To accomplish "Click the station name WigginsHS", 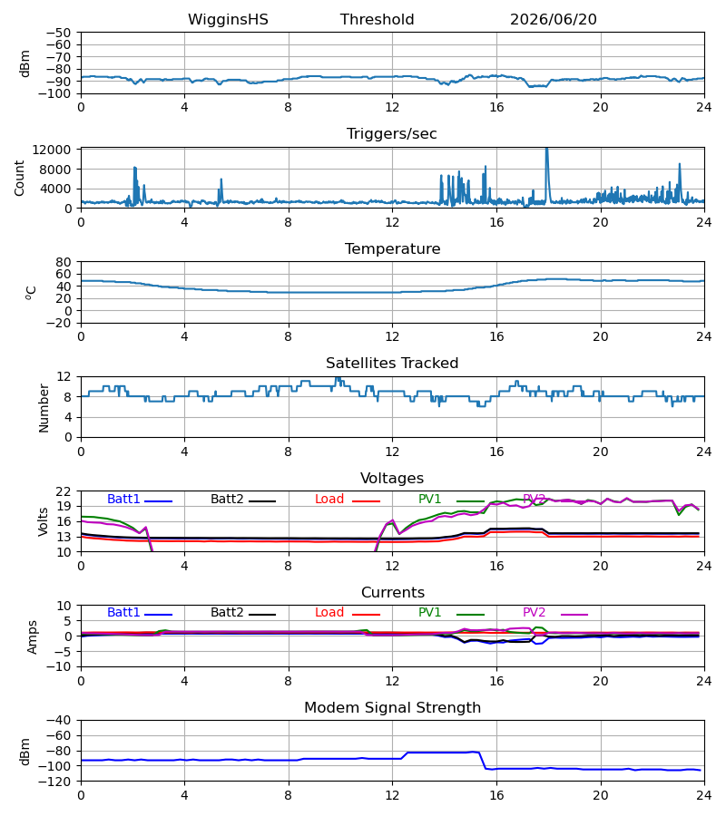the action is tap(228, 20).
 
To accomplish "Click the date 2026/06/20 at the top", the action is tap(553, 20).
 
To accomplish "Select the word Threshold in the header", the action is tap(377, 20).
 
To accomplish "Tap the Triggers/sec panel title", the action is tap(392, 134).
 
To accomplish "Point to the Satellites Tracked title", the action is tap(392, 364).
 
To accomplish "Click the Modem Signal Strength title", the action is tap(392, 708).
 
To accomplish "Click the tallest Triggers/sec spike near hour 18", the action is tap(547, 150).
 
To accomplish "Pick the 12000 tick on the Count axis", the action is tap(52, 150).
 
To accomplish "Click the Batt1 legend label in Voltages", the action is tap(123, 499).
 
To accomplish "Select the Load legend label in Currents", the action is tap(329, 613).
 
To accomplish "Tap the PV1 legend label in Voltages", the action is tap(429, 499).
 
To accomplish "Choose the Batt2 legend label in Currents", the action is tap(227, 613).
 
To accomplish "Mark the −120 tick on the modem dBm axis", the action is tap(58, 782).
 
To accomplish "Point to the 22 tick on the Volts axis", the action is tap(64, 491).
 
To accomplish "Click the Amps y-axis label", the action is tap(33, 636).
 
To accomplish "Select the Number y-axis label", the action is tap(44, 408).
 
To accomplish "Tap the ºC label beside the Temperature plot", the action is tap(31, 293).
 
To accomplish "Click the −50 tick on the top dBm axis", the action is tap(58, 33).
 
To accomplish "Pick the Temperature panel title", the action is tap(392, 248).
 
